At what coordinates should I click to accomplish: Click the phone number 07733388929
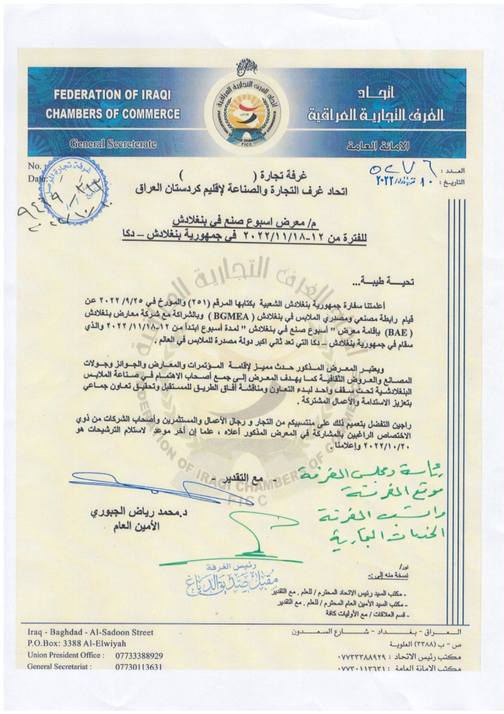[139, 655]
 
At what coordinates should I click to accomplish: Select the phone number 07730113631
[139, 667]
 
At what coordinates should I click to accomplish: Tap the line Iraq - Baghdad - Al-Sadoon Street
[91, 633]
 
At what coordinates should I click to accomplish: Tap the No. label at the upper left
[34, 166]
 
